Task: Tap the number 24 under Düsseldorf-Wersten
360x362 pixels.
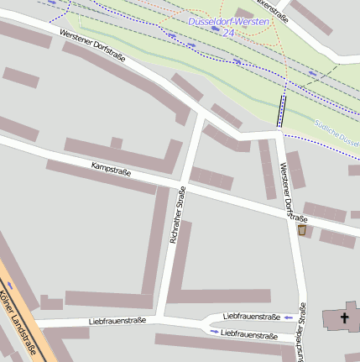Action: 228,32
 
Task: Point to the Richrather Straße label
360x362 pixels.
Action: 177,216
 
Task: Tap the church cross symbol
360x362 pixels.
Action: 344,317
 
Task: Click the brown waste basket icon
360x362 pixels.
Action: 302,229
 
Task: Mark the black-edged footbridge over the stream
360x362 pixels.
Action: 281,109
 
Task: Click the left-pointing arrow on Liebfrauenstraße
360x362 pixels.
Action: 289,317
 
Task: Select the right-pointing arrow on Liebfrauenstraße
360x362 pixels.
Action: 214,333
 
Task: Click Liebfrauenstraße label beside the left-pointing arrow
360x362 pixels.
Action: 252,316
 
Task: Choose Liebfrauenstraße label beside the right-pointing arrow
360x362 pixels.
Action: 249,334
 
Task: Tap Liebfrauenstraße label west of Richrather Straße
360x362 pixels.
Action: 117,321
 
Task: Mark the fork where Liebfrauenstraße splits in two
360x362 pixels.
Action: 201,323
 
